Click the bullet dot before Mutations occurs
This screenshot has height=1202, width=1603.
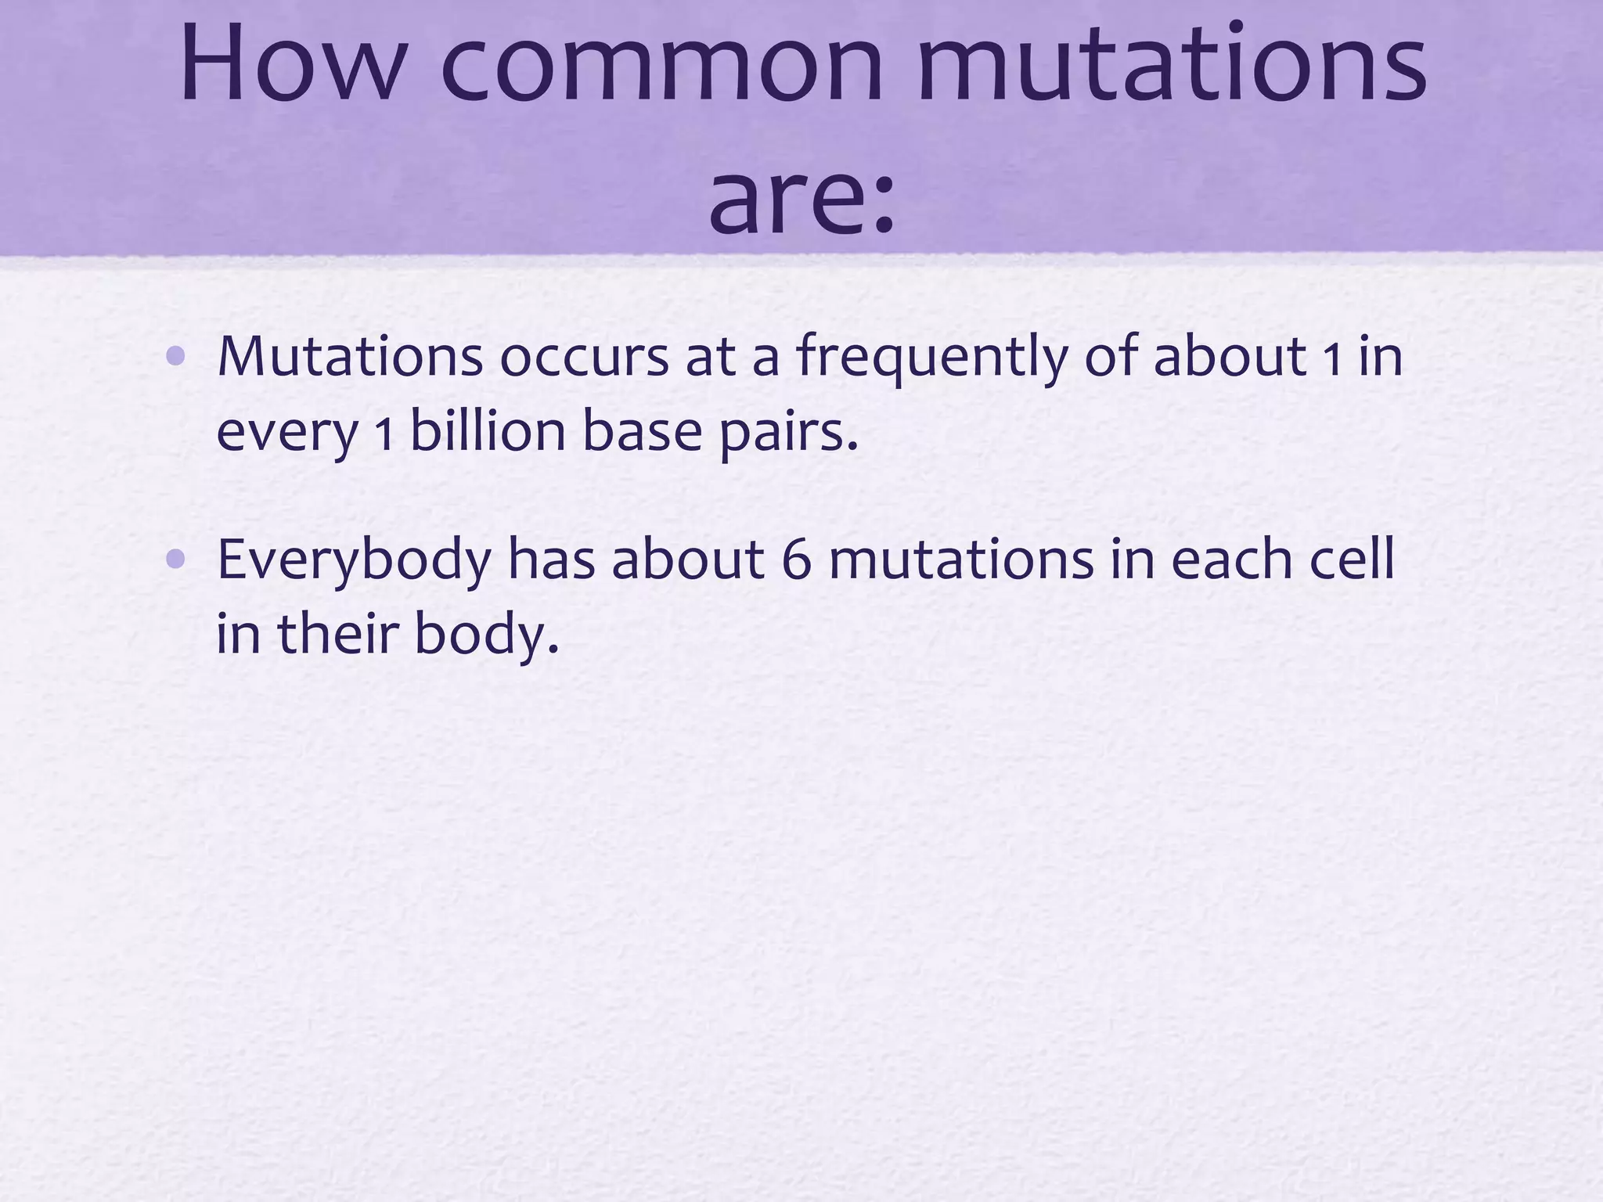point(176,357)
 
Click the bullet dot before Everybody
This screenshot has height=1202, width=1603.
point(176,559)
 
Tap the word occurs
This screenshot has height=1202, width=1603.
point(584,357)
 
